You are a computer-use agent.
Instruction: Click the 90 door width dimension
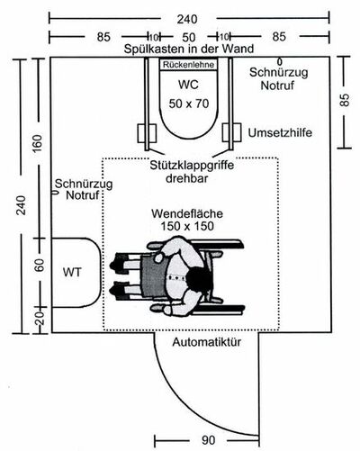208,440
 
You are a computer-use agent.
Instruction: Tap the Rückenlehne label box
189,65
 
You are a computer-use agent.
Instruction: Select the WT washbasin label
72,273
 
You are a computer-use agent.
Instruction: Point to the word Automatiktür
207,342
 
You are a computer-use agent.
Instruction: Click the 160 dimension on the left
38,144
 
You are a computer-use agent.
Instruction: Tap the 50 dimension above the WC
189,38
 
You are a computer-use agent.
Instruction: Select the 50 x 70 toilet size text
189,104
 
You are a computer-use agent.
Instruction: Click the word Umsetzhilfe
280,132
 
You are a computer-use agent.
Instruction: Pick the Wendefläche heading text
187,213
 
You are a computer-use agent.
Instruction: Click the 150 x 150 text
187,226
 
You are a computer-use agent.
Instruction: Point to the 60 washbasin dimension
40,266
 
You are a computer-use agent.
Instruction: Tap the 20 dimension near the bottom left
40,319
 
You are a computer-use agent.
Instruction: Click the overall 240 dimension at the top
187,20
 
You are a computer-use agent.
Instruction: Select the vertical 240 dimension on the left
22,205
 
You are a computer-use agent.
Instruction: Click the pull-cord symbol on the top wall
280,61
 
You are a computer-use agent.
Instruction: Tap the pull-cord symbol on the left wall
54,192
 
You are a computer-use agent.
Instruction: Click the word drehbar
187,178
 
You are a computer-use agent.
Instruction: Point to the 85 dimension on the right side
345,100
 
